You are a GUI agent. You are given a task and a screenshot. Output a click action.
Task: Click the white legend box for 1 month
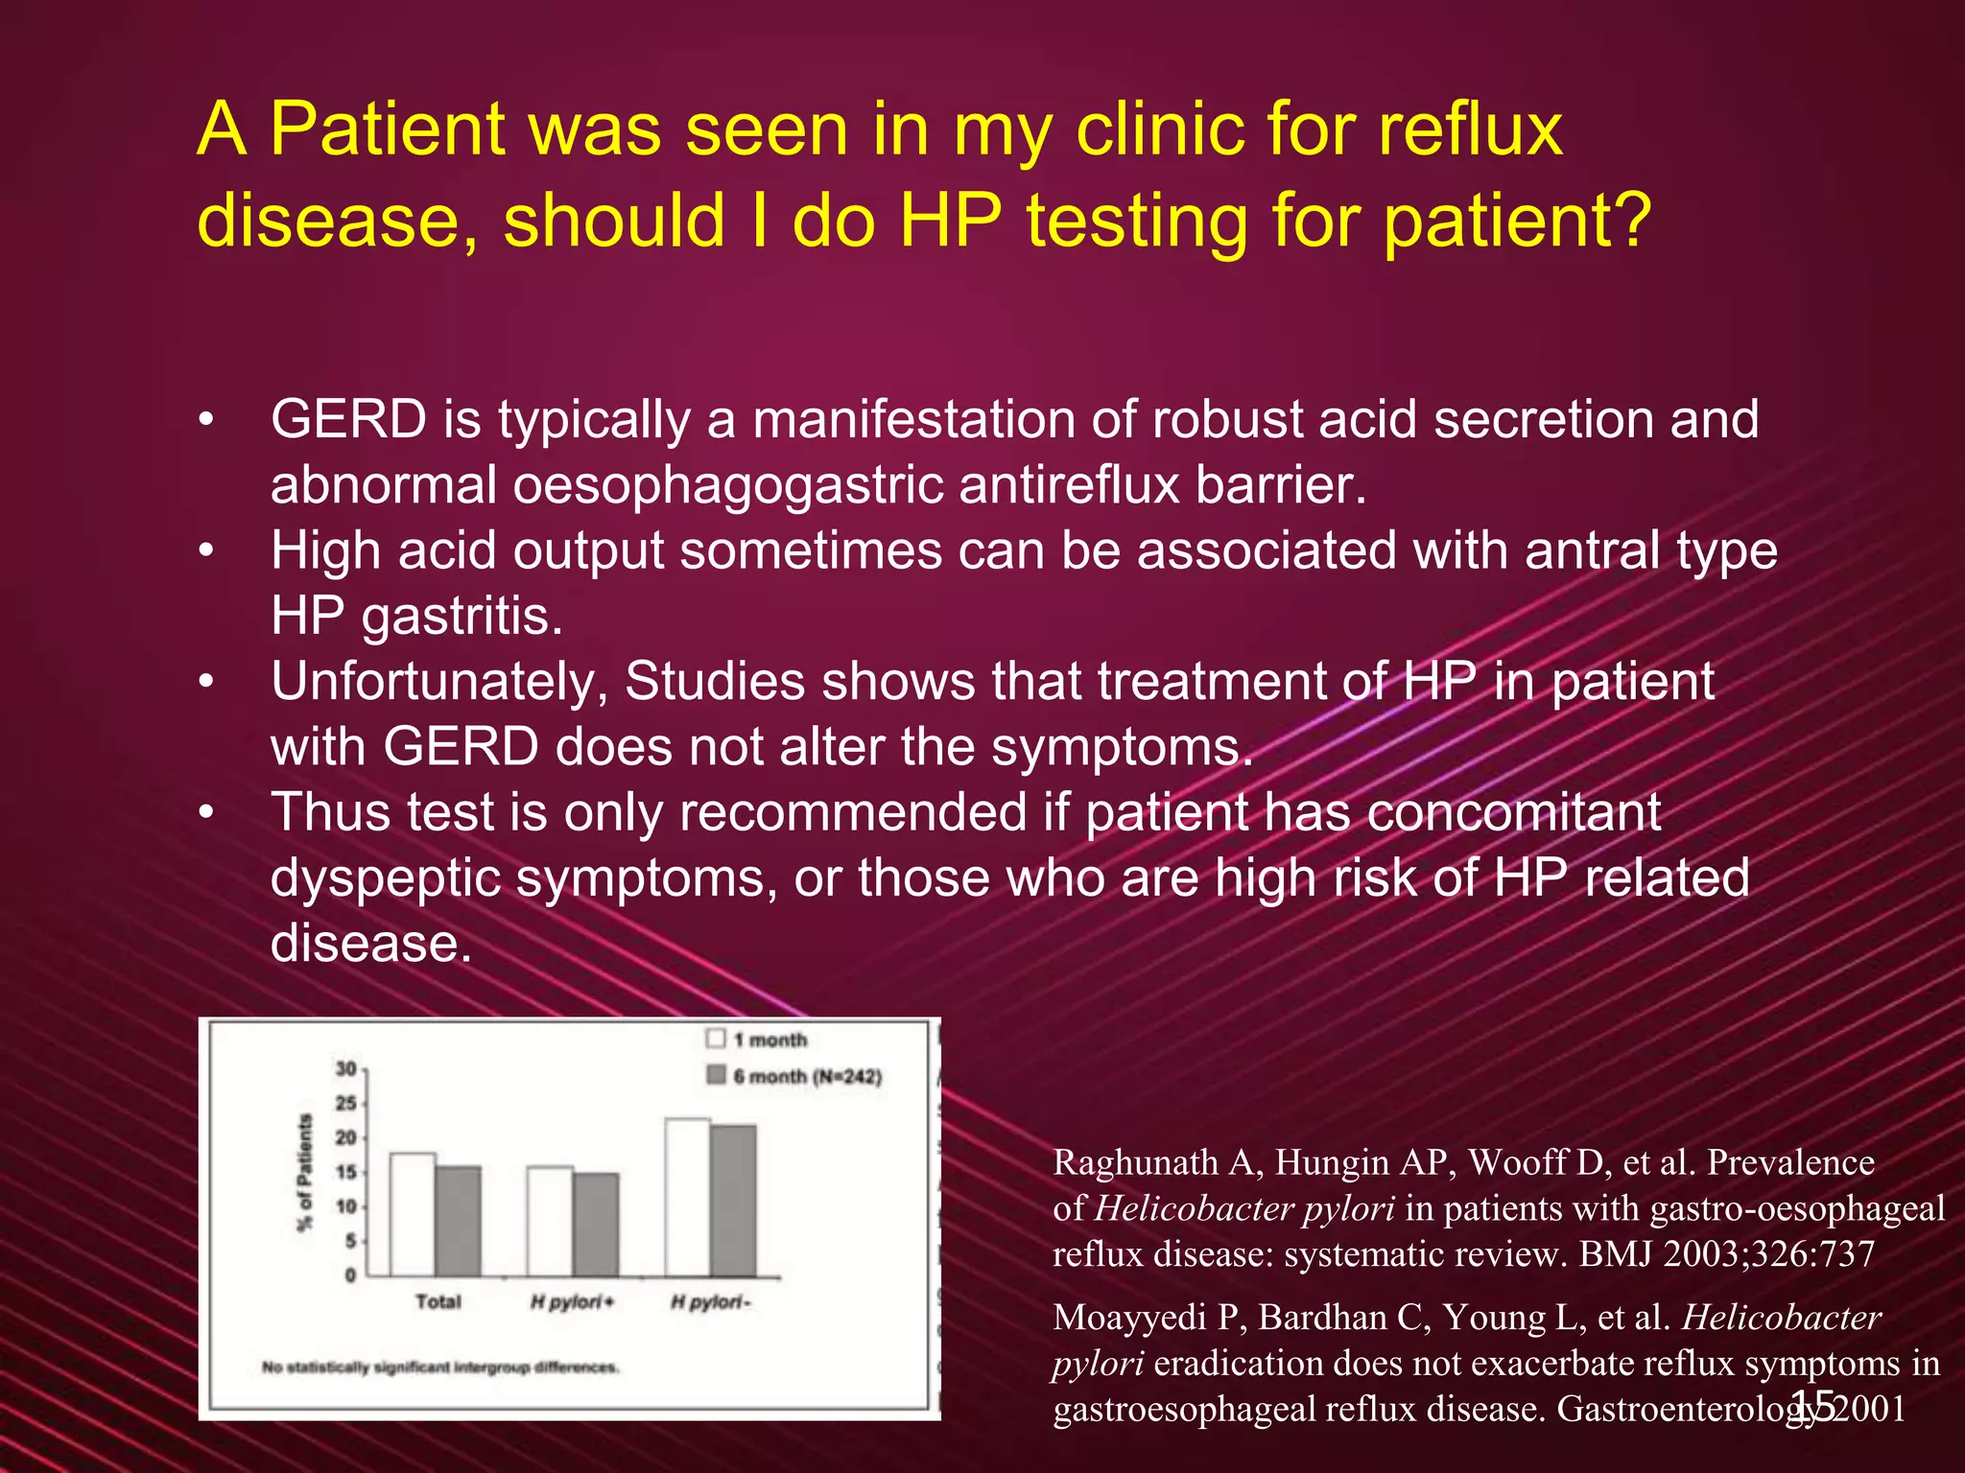point(716,1039)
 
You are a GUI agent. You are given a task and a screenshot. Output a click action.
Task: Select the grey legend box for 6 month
point(716,1075)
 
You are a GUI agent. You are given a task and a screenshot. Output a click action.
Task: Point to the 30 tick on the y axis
point(345,1069)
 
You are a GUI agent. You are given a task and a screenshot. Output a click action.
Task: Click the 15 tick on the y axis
point(345,1173)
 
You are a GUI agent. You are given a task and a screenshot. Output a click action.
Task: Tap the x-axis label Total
point(438,1302)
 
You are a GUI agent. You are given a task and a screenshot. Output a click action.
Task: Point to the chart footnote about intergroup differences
point(440,1367)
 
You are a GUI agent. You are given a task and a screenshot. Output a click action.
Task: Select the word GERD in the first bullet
point(348,420)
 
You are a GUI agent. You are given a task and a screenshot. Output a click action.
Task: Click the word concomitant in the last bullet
point(1513,812)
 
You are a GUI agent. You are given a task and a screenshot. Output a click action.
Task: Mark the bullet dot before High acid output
point(205,551)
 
